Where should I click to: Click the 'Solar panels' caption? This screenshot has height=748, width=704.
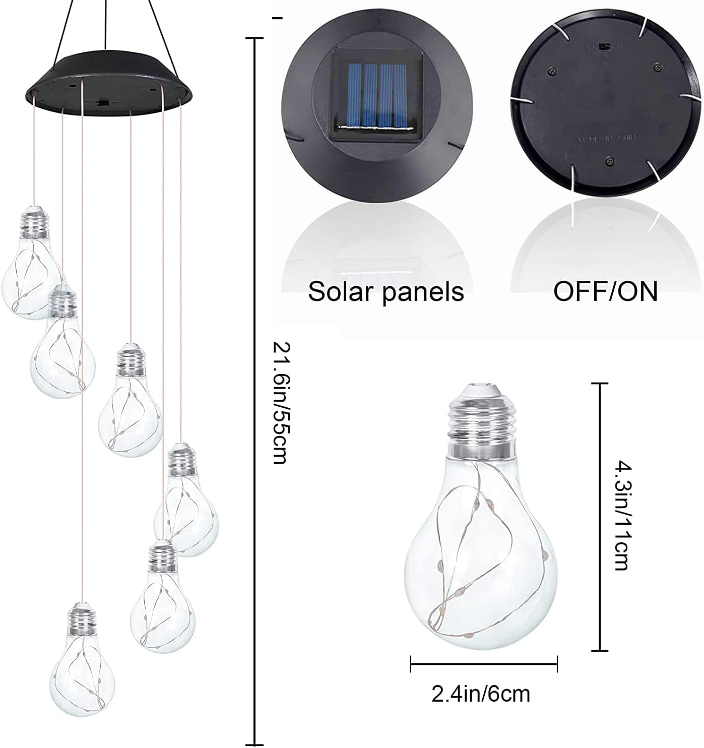coord(386,291)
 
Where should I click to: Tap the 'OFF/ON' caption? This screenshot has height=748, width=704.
coord(605,291)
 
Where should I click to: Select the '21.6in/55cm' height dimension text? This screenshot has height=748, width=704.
coord(280,403)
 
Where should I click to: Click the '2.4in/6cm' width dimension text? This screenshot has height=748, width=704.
coord(481,694)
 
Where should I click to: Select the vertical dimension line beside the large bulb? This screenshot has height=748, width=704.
coord(599,517)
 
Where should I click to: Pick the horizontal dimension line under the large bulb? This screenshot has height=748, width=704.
coord(484,663)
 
